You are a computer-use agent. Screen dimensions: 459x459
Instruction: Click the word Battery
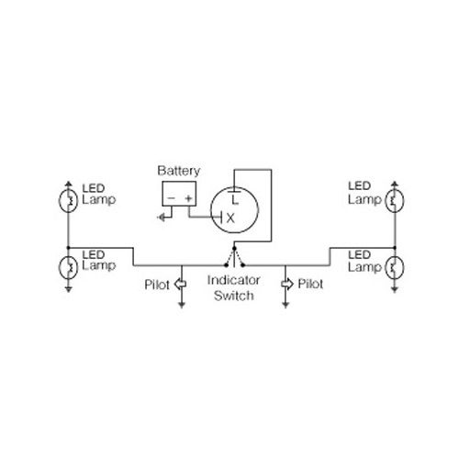click(179, 171)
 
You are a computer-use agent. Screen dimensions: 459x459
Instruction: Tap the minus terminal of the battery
click(172, 198)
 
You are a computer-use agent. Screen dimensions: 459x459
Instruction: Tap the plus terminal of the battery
click(188, 198)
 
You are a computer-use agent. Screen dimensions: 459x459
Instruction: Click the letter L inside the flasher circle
click(235, 200)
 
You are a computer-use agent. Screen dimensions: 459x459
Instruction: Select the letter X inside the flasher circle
click(230, 218)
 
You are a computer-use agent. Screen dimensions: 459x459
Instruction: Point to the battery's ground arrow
click(162, 218)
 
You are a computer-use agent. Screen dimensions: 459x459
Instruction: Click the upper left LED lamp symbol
click(68, 201)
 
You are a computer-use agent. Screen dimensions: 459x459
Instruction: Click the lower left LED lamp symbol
click(68, 267)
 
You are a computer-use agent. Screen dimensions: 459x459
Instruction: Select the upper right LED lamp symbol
click(395, 201)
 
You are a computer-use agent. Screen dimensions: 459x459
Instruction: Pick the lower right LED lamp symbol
click(395, 267)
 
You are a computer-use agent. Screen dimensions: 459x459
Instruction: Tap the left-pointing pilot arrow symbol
click(180, 285)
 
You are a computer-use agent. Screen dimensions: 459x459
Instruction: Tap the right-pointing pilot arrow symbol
click(287, 285)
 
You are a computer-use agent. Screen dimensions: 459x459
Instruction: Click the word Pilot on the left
click(157, 285)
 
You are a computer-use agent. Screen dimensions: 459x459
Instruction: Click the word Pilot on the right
click(310, 284)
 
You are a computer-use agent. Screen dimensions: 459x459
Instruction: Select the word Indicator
click(233, 280)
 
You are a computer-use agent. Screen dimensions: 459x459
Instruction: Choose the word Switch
click(234, 296)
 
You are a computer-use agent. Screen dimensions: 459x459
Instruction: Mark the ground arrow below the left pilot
click(182, 305)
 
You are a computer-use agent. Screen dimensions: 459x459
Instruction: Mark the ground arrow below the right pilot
click(285, 305)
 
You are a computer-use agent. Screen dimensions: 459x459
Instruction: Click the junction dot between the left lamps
click(68, 248)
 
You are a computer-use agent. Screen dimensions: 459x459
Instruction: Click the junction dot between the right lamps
click(395, 248)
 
